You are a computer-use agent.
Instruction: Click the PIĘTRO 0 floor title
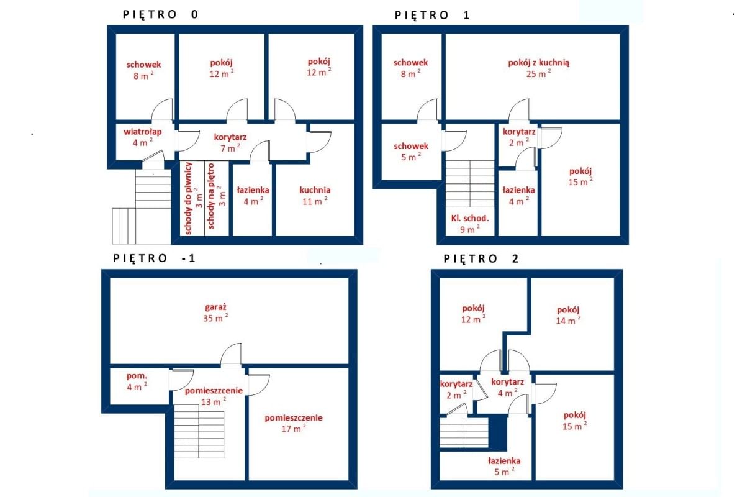161,14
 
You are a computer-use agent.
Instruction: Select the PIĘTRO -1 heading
155,258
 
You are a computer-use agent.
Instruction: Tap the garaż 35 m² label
216,312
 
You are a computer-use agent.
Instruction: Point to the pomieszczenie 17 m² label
294,424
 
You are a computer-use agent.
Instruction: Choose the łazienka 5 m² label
504,467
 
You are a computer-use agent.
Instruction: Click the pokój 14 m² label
568,315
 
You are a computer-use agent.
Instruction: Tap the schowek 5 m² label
411,152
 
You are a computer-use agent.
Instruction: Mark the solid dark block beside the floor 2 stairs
498,434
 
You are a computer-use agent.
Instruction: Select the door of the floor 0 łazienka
260,152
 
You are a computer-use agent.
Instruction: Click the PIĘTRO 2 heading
481,258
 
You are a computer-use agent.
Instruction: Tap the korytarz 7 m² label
230,142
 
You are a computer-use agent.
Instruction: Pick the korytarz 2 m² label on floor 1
519,137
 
